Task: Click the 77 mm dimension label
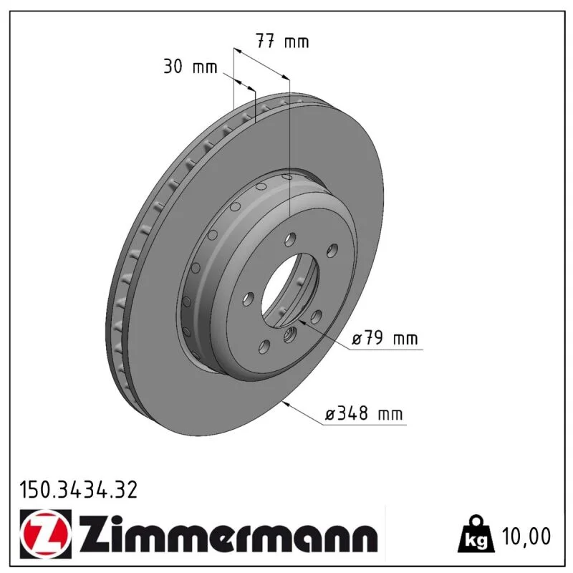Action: click(x=282, y=41)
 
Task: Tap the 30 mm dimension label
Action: click(x=190, y=67)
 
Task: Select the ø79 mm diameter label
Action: click(x=385, y=338)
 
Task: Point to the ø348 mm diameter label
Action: click(x=364, y=414)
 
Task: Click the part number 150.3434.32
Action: click(x=79, y=490)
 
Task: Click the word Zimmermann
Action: click(x=228, y=535)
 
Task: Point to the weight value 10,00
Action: click(x=526, y=536)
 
